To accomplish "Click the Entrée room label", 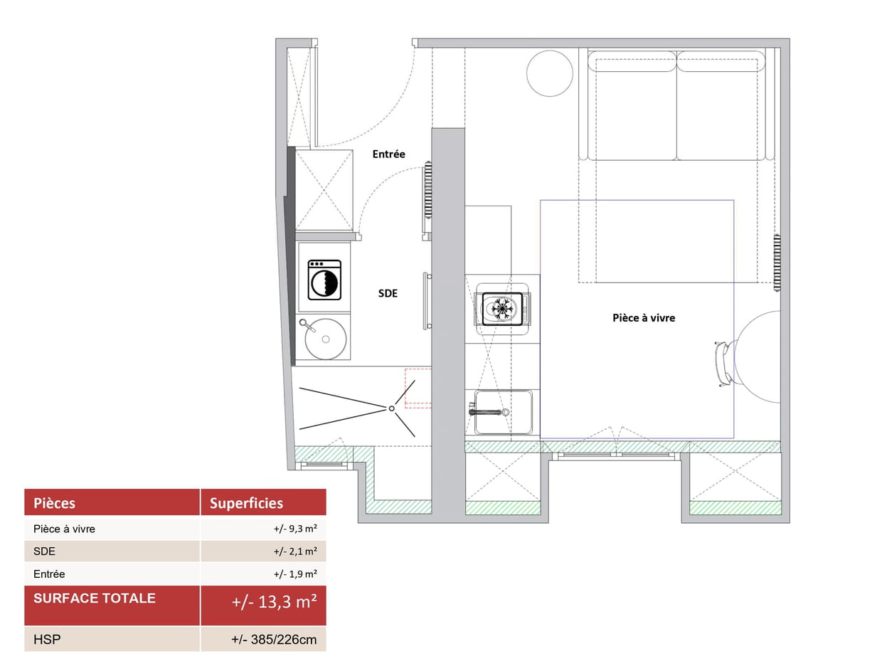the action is [x=388, y=154].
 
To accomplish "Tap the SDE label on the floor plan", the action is [x=388, y=293].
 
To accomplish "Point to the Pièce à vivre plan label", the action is [x=643, y=318].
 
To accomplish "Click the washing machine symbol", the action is [x=324, y=280].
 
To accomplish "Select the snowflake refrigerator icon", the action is [x=501, y=309].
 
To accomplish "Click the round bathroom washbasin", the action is [x=326, y=339].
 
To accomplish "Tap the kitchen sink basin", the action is [x=503, y=412].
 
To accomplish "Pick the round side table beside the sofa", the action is [x=549, y=73].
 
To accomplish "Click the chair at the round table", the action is [x=723, y=364].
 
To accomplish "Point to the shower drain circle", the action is [x=391, y=408].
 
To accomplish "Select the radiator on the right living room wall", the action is [x=777, y=263].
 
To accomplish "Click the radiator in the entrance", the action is [x=428, y=190].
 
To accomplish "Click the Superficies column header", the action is [x=246, y=503].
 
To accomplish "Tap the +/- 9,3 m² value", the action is [x=295, y=529].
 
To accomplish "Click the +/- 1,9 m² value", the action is [x=295, y=574].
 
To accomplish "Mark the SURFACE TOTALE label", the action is [x=95, y=598].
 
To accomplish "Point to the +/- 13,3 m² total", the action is [x=274, y=602].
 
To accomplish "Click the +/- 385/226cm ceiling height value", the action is [x=274, y=640].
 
